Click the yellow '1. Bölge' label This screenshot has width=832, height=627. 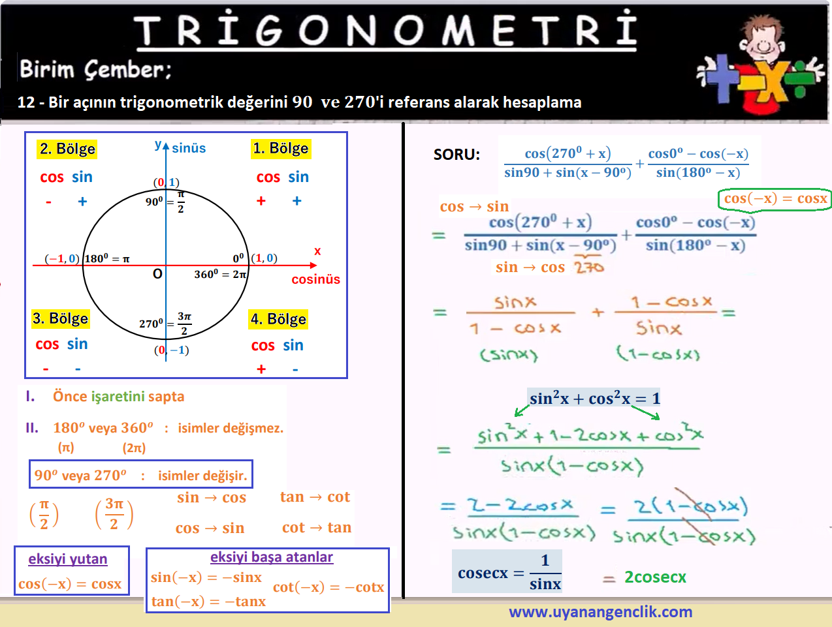tap(281, 148)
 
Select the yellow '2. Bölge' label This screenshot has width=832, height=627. tap(67, 149)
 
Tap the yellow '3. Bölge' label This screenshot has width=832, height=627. tap(61, 319)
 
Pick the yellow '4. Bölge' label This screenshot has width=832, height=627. tap(278, 319)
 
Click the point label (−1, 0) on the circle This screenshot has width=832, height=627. tap(62, 258)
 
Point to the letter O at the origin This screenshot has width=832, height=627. tap(157, 274)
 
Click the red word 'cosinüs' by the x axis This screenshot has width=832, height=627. tap(315, 279)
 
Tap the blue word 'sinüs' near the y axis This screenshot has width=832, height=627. tap(189, 148)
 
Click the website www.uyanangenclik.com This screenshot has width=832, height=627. tap(600, 612)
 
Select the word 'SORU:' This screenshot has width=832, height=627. tap(456, 155)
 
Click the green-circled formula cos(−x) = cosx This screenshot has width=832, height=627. tap(775, 199)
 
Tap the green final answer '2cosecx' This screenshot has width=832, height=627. tap(656, 577)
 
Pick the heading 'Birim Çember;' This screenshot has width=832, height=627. tap(95, 70)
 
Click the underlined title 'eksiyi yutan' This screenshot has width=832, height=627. tap(68, 559)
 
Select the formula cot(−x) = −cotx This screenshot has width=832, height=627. tap(328, 587)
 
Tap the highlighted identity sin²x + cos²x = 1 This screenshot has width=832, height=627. tap(594, 398)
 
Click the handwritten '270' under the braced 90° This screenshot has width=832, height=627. tap(589, 268)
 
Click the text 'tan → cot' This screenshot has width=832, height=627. tap(315, 497)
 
